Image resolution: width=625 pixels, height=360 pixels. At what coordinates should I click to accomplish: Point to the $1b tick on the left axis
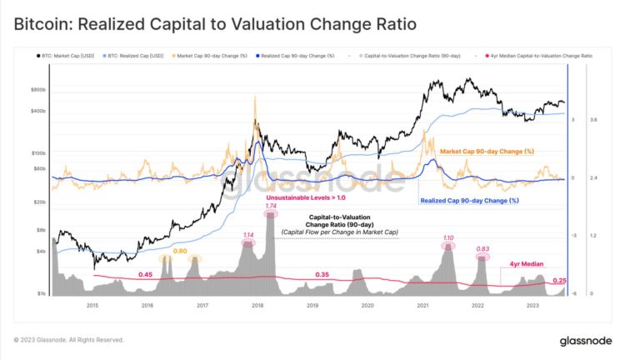click(39, 293)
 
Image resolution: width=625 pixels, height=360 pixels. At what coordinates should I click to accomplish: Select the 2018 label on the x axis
click(257, 306)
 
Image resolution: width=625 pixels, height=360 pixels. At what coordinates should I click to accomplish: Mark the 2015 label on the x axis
click(92, 306)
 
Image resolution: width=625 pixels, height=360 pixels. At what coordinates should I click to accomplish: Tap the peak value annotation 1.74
click(270, 205)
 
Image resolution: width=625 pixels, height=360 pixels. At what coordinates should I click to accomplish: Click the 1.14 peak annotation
click(247, 235)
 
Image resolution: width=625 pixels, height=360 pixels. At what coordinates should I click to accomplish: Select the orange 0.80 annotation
click(179, 251)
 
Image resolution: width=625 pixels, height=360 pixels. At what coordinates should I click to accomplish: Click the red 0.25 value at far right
click(560, 281)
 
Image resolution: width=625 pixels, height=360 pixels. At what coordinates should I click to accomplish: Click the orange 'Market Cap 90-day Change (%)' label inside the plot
click(486, 151)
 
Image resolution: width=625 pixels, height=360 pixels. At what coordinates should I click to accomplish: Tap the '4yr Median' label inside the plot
click(526, 263)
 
